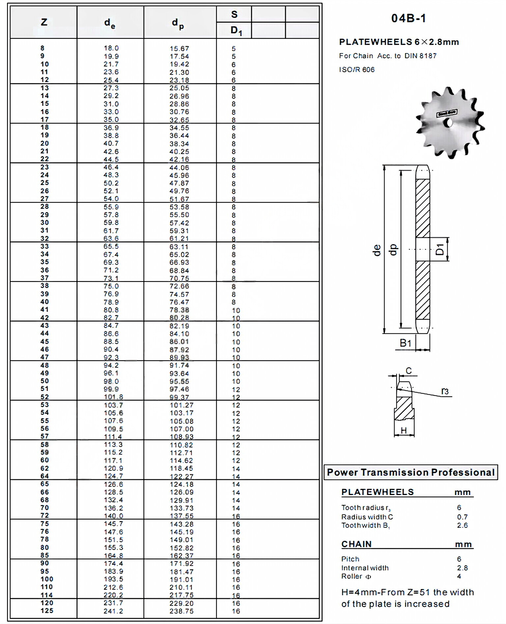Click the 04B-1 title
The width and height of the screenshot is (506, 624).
[x=408, y=18]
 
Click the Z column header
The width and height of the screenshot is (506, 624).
[x=44, y=22]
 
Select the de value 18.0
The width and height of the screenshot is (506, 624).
[x=111, y=48]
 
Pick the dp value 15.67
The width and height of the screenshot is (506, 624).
[x=179, y=48]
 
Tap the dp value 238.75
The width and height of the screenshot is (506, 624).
[x=182, y=611]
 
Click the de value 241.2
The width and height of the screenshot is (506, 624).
[x=113, y=611]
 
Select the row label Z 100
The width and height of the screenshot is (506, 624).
[x=47, y=579]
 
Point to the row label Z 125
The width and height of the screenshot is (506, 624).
[x=47, y=611]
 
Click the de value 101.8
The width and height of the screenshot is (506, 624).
[x=113, y=397]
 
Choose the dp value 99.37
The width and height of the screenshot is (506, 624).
[x=179, y=397]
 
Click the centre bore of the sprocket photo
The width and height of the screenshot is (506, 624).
[x=448, y=123]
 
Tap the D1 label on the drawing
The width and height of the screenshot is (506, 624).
[x=440, y=249]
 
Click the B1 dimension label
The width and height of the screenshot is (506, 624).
[x=406, y=343]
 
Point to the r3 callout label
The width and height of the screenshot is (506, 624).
[x=445, y=391]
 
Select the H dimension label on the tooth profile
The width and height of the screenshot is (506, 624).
[x=404, y=430]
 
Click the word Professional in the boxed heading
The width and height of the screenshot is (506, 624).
[x=463, y=472]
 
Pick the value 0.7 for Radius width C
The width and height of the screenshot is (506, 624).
[x=462, y=517]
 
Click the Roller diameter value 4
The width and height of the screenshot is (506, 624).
[x=459, y=576]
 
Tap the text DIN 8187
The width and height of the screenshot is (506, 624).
[x=420, y=56]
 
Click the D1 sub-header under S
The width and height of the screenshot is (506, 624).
[x=236, y=31]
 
